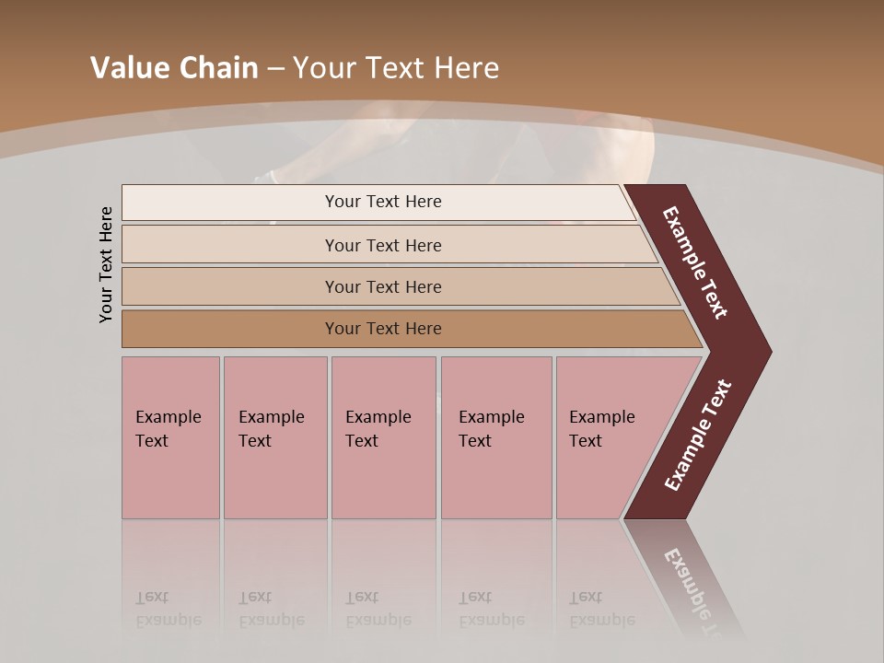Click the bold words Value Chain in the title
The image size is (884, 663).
174,68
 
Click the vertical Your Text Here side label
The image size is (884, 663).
107,264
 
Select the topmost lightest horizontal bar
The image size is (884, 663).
276,202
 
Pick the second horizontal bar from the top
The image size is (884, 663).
276,245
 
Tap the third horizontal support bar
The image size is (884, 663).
276,286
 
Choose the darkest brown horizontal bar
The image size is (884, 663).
276,329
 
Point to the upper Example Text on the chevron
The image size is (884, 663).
695,262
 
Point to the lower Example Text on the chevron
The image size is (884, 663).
698,436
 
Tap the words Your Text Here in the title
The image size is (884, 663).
396,68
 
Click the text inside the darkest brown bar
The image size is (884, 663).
383,329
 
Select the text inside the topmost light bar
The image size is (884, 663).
383,202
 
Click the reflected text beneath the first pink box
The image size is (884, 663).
168,609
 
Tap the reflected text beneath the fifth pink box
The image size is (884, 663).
601,609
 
